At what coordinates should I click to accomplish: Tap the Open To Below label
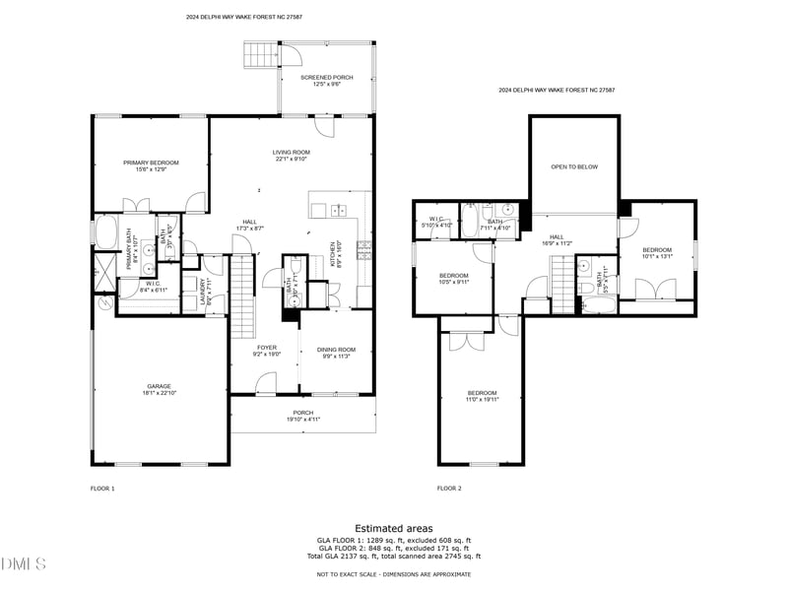point(574,166)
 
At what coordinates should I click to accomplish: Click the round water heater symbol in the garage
point(105,305)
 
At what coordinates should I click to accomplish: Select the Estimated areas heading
point(393,529)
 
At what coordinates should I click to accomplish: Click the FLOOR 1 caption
point(102,488)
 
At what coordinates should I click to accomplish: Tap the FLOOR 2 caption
point(449,488)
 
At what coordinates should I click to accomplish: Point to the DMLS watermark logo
point(24,564)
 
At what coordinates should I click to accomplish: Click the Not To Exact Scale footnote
point(393,574)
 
